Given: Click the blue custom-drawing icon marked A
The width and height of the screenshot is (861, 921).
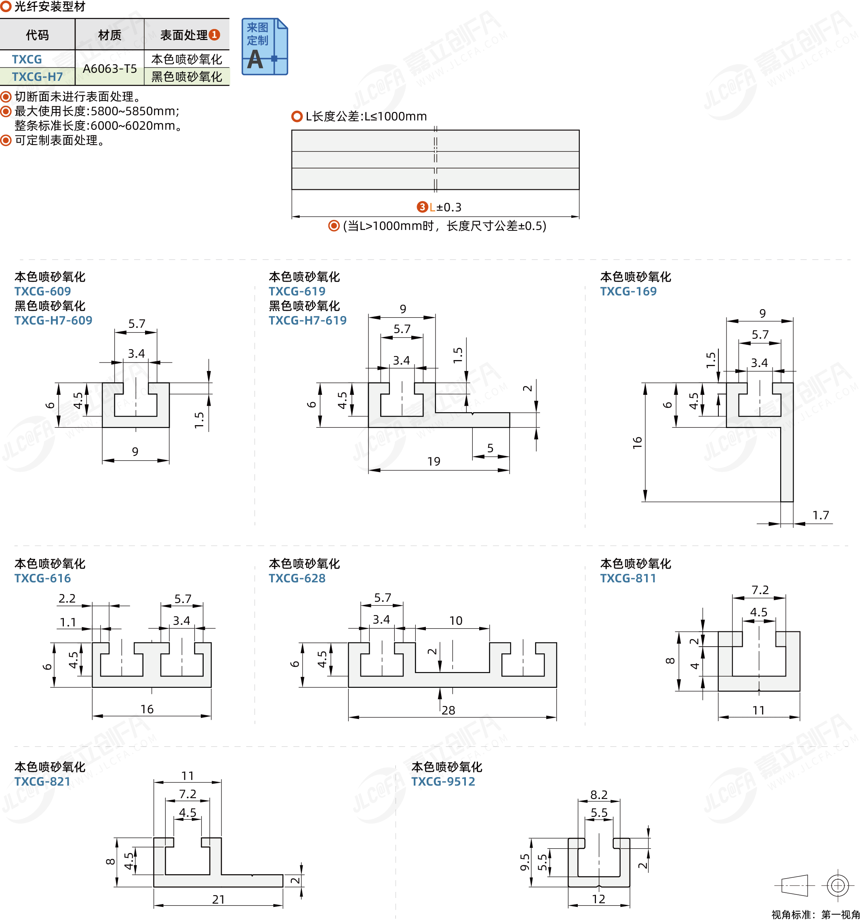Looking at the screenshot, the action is click(265, 47).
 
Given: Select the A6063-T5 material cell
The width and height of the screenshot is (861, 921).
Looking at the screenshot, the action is click(110, 69).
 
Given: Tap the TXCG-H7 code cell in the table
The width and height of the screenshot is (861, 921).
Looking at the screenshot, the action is click(37, 76).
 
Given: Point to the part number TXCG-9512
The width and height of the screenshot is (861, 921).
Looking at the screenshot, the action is click(443, 782).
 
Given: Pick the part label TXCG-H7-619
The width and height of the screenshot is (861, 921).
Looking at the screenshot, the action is click(307, 320).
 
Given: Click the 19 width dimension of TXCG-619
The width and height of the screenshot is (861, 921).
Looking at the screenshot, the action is click(434, 462).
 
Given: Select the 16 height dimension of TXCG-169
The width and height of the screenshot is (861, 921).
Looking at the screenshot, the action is click(637, 443).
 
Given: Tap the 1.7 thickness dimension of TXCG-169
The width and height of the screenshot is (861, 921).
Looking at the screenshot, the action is click(821, 515).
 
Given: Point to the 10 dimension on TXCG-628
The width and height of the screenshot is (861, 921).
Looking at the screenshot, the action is click(456, 621).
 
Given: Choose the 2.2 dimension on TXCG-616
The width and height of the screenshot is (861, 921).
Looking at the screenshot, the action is click(67, 599).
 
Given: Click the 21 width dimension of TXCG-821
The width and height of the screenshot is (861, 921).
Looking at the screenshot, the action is click(218, 899).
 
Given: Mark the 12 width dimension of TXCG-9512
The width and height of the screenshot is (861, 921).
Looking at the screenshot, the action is click(598, 899).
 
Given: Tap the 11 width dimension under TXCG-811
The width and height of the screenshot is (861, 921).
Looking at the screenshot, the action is click(758, 710).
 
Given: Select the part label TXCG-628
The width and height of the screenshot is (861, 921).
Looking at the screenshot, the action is click(297, 578).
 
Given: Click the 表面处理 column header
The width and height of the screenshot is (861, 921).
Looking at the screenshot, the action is click(184, 35).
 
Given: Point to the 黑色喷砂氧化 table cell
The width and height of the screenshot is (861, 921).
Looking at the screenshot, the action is click(187, 76).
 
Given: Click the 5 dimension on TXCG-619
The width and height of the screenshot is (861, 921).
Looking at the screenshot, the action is click(490, 448).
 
